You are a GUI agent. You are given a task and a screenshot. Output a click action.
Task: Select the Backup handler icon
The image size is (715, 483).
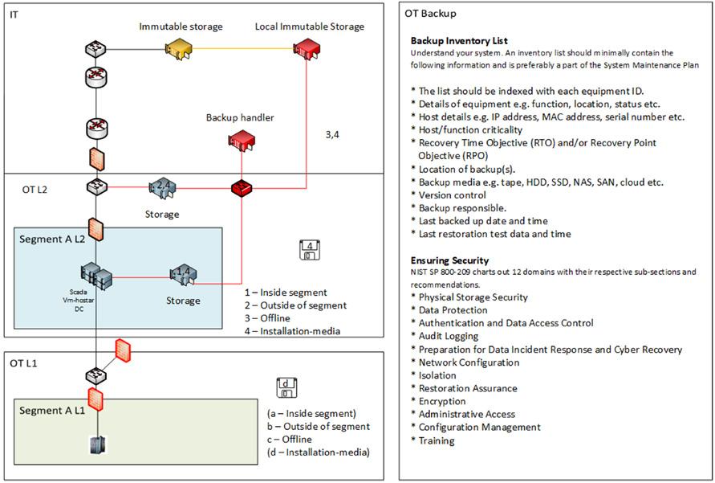coord(241,140)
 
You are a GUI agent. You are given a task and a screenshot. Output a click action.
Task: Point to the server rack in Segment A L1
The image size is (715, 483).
coord(97,445)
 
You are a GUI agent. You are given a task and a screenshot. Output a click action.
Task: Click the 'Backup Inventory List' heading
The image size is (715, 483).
coord(459,40)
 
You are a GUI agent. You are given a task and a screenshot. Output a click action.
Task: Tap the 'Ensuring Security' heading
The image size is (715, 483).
coord(449,260)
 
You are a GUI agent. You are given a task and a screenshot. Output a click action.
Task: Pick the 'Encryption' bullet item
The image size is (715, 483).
coord(441,401)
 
